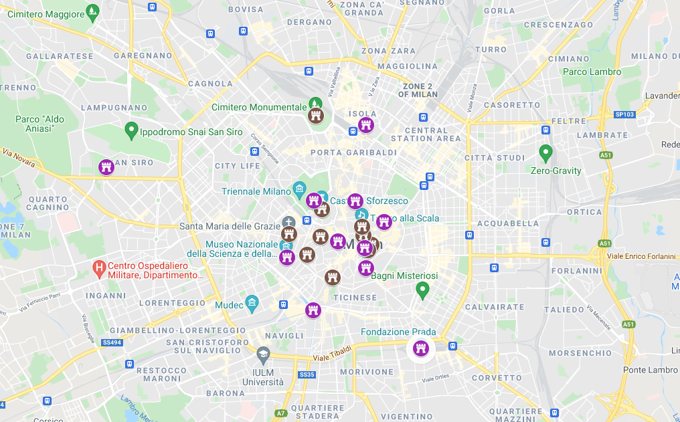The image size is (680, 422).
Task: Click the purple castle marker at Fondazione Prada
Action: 421,348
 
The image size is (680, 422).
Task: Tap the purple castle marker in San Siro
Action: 106,167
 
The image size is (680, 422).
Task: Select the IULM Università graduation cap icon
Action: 263,353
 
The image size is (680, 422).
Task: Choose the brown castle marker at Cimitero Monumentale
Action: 316,116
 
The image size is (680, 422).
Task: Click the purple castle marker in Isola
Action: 365,125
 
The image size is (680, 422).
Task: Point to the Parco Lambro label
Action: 592,72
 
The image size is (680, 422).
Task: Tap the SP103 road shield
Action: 624,114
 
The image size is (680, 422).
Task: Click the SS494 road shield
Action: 113,342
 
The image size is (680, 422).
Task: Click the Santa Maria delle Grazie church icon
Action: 288,222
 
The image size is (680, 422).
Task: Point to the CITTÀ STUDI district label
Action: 493,158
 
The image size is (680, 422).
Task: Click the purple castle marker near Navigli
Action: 313,310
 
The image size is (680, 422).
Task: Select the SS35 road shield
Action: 307,375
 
